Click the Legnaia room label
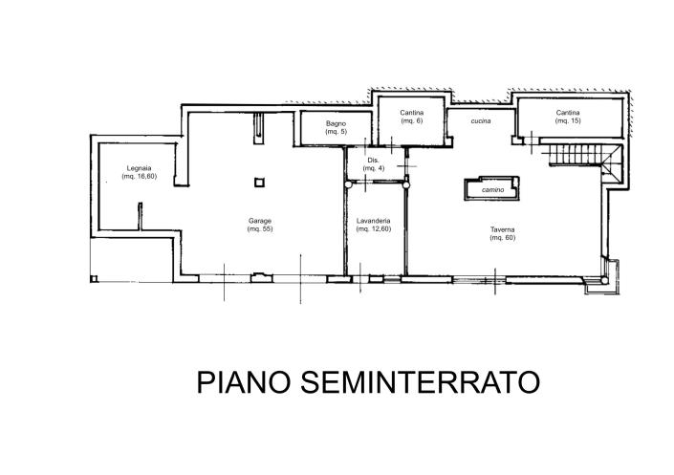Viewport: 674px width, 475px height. [140, 168]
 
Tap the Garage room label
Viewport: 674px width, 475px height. [260, 221]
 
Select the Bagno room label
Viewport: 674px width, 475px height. [336, 124]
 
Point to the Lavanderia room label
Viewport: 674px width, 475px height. [374, 221]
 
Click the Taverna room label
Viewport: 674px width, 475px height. [503, 229]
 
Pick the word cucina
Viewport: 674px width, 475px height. [481, 121]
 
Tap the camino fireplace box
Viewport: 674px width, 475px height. [491, 188]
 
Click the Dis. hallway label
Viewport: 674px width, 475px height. [374, 161]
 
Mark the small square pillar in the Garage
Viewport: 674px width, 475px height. [259, 183]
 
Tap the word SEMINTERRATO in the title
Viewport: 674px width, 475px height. [420, 381]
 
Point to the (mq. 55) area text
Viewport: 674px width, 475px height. [260, 229]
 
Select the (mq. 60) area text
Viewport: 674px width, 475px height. [503, 238]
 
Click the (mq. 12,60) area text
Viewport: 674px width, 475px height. [374, 229]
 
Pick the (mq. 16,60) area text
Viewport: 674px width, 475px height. [140, 176]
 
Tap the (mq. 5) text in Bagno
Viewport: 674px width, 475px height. [336, 132]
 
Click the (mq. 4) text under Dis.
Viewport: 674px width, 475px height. [374, 168]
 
